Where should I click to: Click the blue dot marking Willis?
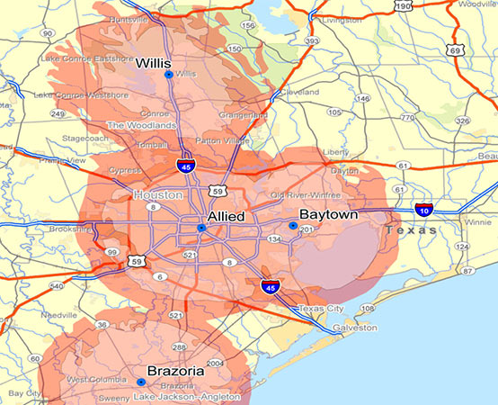click(x=169, y=75)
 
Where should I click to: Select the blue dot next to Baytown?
click(x=292, y=225)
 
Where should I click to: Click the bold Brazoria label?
click(x=175, y=370)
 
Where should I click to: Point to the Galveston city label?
click(x=355, y=328)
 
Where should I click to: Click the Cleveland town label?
click(x=298, y=92)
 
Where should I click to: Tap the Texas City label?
click(x=321, y=309)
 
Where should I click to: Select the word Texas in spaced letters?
click(x=409, y=230)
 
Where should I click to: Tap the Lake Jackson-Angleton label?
click(x=186, y=396)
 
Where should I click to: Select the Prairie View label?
click(x=61, y=160)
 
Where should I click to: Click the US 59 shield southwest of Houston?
click(x=136, y=262)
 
